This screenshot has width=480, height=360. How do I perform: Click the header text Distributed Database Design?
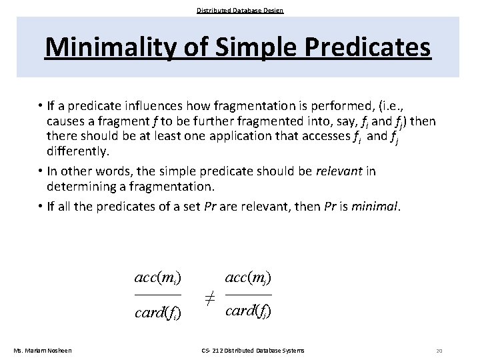[x=240, y=10]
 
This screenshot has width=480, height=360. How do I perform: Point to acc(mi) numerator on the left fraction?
[x=158, y=277]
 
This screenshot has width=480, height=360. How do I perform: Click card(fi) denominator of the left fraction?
[x=158, y=313]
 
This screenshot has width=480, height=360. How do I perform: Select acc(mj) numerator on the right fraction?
[x=248, y=277]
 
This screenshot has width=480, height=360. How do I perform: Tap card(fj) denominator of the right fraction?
[x=248, y=311]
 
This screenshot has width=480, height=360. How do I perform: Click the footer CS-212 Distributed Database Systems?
[x=253, y=351]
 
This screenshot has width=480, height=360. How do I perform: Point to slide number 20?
[x=439, y=351]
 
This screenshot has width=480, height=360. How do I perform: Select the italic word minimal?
[x=376, y=206]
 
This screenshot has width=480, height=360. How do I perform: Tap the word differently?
[x=78, y=152]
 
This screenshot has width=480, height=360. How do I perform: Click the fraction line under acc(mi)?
[x=158, y=294]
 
